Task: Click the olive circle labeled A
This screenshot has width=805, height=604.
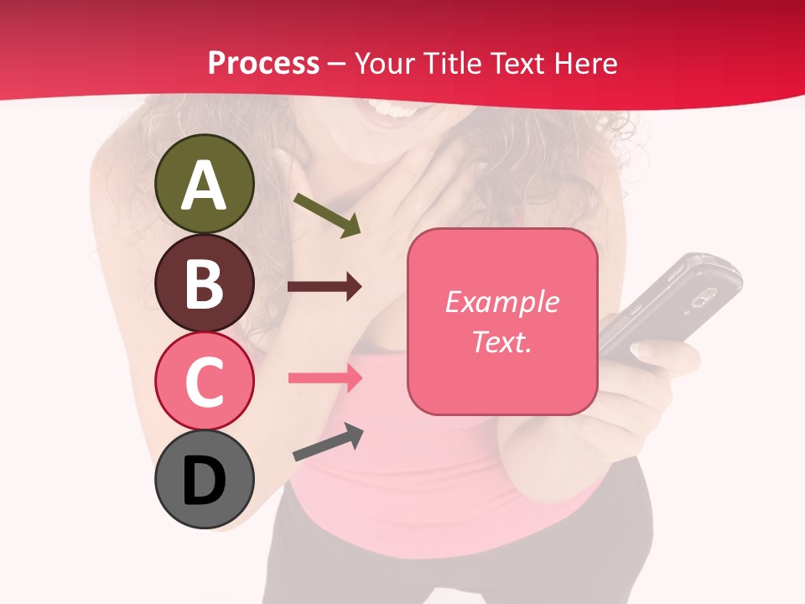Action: (x=205, y=184)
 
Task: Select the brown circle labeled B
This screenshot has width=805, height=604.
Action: (x=205, y=283)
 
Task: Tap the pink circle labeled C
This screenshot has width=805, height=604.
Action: (x=205, y=381)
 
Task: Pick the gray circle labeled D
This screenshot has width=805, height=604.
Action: (x=205, y=479)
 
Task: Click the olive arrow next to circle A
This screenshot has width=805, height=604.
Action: (x=327, y=215)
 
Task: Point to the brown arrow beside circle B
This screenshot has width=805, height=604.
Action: (x=325, y=287)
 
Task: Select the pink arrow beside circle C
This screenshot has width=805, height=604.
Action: (x=325, y=377)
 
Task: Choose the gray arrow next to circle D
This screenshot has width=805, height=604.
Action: (x=328, y=442)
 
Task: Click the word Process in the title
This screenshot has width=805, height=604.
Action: (x=263, y=64)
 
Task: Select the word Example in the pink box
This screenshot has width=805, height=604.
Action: (x=502, y=302)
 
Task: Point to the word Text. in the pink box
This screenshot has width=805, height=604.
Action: (x=502, y=341)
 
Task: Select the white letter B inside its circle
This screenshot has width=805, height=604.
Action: (x=205, y=284)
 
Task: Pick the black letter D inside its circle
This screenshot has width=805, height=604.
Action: (x=205, y=481)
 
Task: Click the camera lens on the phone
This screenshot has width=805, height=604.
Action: (x=702, y=295)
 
